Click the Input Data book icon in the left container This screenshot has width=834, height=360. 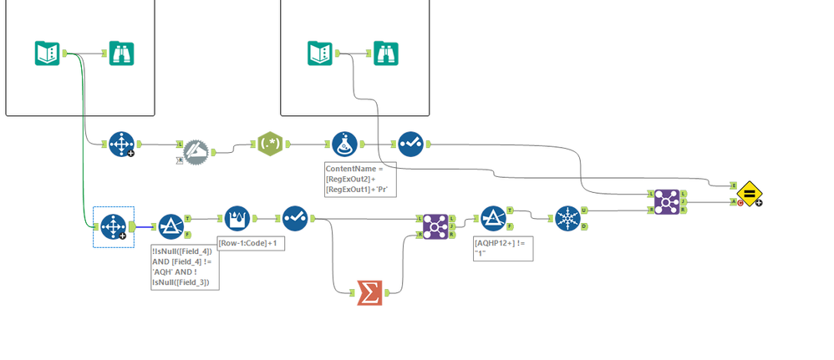tap(47, 53)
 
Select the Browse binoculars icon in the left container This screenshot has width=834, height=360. tap(122, 53)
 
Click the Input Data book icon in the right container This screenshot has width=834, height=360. tap(321, 53)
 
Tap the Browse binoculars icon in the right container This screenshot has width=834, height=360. tap(385, 53)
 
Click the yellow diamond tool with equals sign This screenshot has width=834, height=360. tap(749, 193)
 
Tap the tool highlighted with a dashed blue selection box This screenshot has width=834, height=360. tap(113, 226)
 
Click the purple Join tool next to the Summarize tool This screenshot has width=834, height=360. tap(434, 226)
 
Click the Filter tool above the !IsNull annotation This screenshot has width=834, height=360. tap(170, 226)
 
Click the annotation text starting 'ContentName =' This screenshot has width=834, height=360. tap(354, 179)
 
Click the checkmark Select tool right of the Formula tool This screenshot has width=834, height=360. tap(409, 145)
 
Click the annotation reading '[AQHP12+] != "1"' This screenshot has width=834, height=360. tap(501, 248)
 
